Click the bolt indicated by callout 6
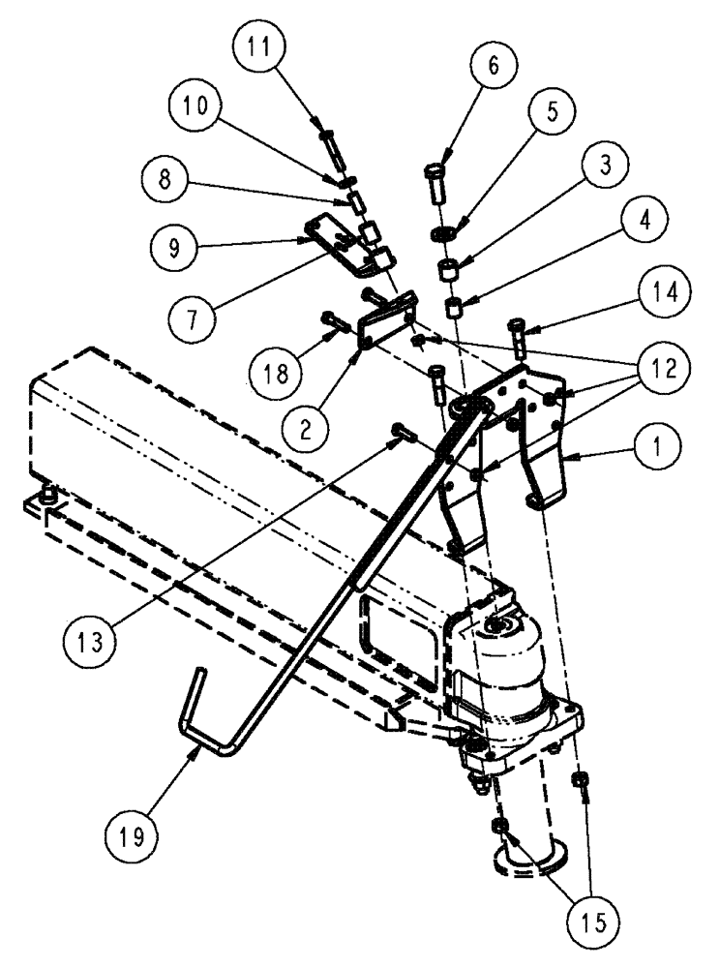(x=435, y=178)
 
